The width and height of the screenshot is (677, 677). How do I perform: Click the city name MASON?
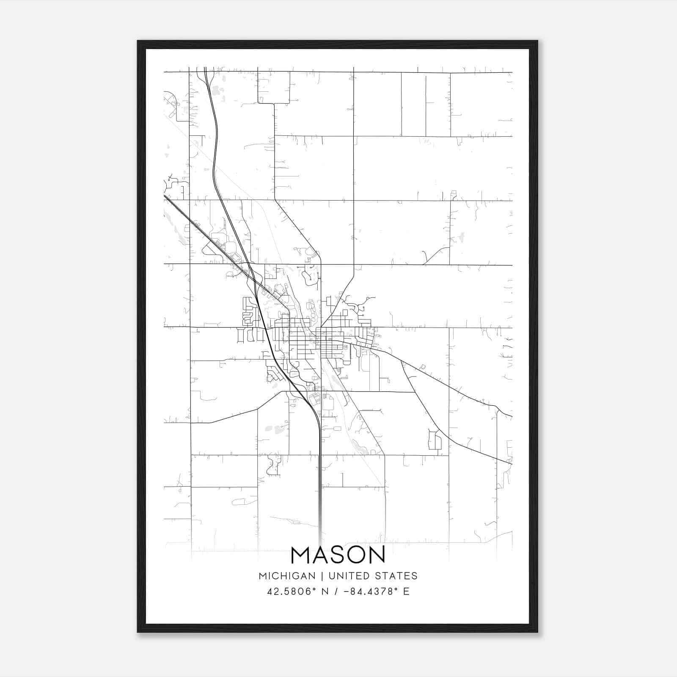(x=338, y=555)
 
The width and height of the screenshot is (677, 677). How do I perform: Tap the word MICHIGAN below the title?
(x=287, y=576)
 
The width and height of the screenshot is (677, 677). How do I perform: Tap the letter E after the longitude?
(x=407, y=592)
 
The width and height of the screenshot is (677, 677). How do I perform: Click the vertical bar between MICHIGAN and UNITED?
(x=322, y=576)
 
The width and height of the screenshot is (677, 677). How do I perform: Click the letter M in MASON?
(x=301, y=555)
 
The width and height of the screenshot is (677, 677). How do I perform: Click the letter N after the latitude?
(x=325, y=592)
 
